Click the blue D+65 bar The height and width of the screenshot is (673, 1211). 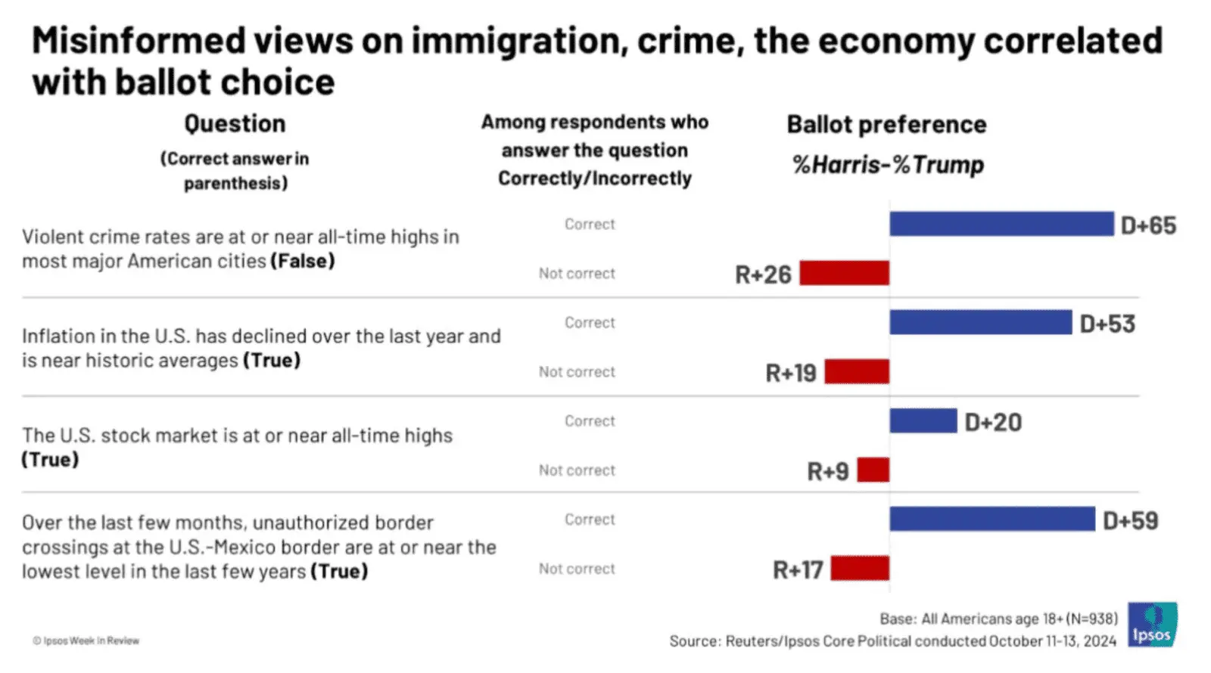point(1001,224)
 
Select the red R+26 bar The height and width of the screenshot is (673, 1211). point(844,273)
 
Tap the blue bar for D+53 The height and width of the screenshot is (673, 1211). point(980,322)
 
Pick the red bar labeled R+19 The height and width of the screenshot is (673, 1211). point(857,371)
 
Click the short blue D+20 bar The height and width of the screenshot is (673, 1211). point(923,420)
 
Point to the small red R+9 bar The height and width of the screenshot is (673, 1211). point(873,470)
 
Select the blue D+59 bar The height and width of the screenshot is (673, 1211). point(992,519)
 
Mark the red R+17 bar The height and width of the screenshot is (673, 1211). point(860,568)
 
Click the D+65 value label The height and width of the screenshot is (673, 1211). point(1148,225)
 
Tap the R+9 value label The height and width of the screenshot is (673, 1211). point(827,472)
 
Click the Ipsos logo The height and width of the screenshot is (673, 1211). point(1152,625)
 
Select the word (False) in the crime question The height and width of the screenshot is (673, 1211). point(303,261)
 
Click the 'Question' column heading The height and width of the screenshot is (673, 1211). point(235,123)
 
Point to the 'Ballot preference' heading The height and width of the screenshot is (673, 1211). point(886,124)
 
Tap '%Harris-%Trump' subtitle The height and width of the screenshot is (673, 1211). point(888,164)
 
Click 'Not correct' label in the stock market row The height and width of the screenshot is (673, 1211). point(577,470)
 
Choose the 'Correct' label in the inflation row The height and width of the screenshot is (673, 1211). point(590,323)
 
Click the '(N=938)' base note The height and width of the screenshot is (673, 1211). point(1091,619)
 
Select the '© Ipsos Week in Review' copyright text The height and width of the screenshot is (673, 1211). point(86,640)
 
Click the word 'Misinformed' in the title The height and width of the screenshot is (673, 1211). point(139,41)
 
